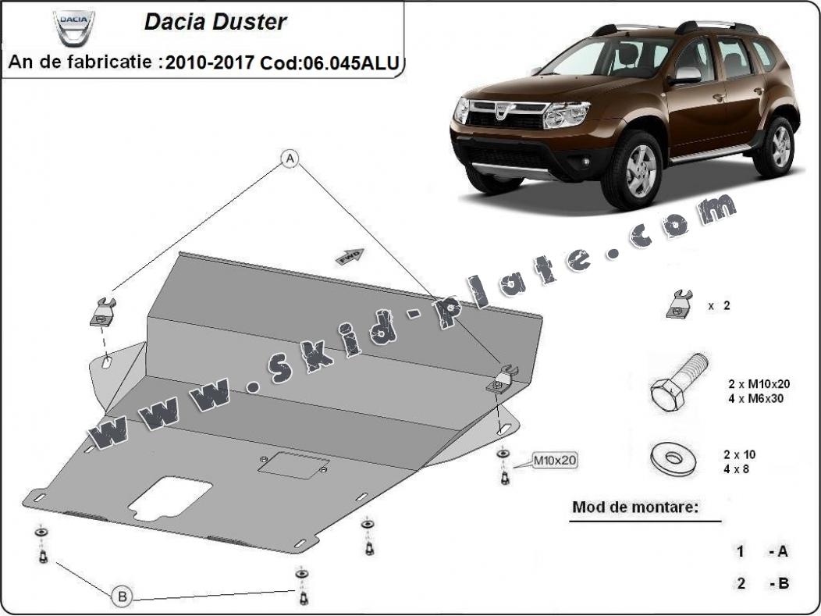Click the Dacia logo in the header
tap(74, 27)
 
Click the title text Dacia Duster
tap(215, 22)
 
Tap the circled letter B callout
tap(122, 596)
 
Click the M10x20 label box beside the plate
tap(555, 461)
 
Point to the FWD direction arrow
tap(348, 256)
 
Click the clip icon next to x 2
tap(680, 304)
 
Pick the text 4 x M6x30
tap(755, 398)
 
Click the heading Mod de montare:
tap(634, 507)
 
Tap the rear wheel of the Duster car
tap(773, 146)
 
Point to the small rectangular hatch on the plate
tap(293, 465)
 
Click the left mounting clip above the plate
tap(103, 312)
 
